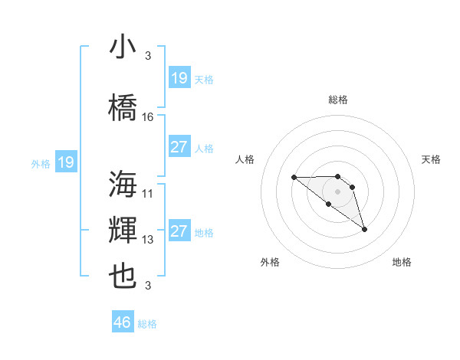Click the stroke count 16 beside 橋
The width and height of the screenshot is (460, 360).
[x=148, y=117]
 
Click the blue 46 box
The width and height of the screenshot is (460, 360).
[x=123, y=322]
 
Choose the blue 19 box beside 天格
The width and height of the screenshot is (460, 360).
[x=179, y=78]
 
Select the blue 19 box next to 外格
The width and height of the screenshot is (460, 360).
[x=65, y=162]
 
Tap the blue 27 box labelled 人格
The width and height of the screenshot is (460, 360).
[x=179, y=147]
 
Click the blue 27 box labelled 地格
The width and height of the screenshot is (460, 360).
[x=179, y=231]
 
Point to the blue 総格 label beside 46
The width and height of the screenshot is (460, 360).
[x=147, y=324]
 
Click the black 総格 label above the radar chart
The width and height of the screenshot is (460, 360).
[x=338, y=100]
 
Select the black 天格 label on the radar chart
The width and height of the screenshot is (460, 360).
[x=432, y=159]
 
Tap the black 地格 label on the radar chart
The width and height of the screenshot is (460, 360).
[x=402, y=262]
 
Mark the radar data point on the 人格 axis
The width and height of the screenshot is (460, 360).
[x=294, y=177]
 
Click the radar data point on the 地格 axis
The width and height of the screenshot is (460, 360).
[x=364, y=229]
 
